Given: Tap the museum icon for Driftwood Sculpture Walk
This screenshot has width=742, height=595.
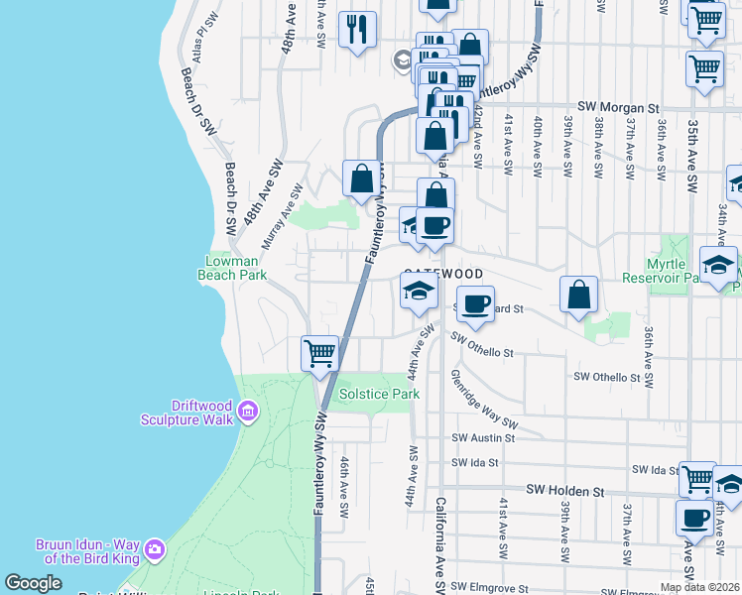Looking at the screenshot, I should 248,411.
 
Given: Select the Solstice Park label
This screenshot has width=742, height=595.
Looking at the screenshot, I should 380,394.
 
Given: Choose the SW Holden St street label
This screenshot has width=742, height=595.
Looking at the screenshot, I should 564,490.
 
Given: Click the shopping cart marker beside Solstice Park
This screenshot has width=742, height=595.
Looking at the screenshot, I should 319,353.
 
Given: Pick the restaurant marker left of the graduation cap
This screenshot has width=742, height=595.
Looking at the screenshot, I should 357,29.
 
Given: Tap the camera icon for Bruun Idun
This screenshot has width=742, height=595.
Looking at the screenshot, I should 154,548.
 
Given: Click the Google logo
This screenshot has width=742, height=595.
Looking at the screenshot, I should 33,583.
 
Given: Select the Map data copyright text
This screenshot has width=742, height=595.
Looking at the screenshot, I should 699,587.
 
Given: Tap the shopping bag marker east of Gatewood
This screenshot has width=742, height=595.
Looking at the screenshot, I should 578,295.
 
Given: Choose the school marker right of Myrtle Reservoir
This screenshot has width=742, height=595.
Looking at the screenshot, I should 718,265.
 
